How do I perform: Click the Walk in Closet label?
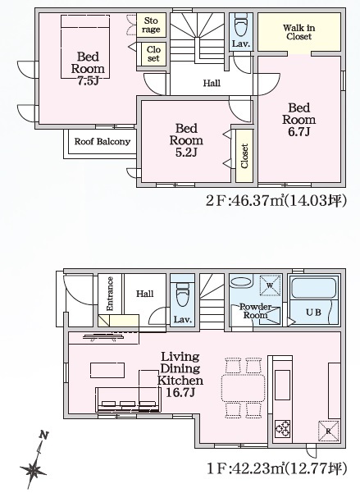[x=298, y=32]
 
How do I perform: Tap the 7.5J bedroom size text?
[x=88, y=81]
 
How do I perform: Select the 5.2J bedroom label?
[x=186, y=140]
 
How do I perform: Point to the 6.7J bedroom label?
[x=298, y=120]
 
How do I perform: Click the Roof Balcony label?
[x=103, y=141]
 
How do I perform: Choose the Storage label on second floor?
[x=151, y=25]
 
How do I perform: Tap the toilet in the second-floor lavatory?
[x=241, y=25]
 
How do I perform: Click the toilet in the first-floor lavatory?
[x=182, y=294]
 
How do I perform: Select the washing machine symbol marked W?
[x=270, y=285]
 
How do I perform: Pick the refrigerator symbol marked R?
[x=329, y=431]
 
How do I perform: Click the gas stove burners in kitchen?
[x=282, y=428]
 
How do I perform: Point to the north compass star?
[x=34, y=470]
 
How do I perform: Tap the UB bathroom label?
[x=313, y=313]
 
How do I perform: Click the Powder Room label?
[x=255, y=311]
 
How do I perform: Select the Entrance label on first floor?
[x=110, y=294]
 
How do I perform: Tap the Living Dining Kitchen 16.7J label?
[x=180, y=374]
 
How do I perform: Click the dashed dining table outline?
[x=244, y=388]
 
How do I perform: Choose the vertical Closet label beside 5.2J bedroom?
[x=244, y=156]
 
